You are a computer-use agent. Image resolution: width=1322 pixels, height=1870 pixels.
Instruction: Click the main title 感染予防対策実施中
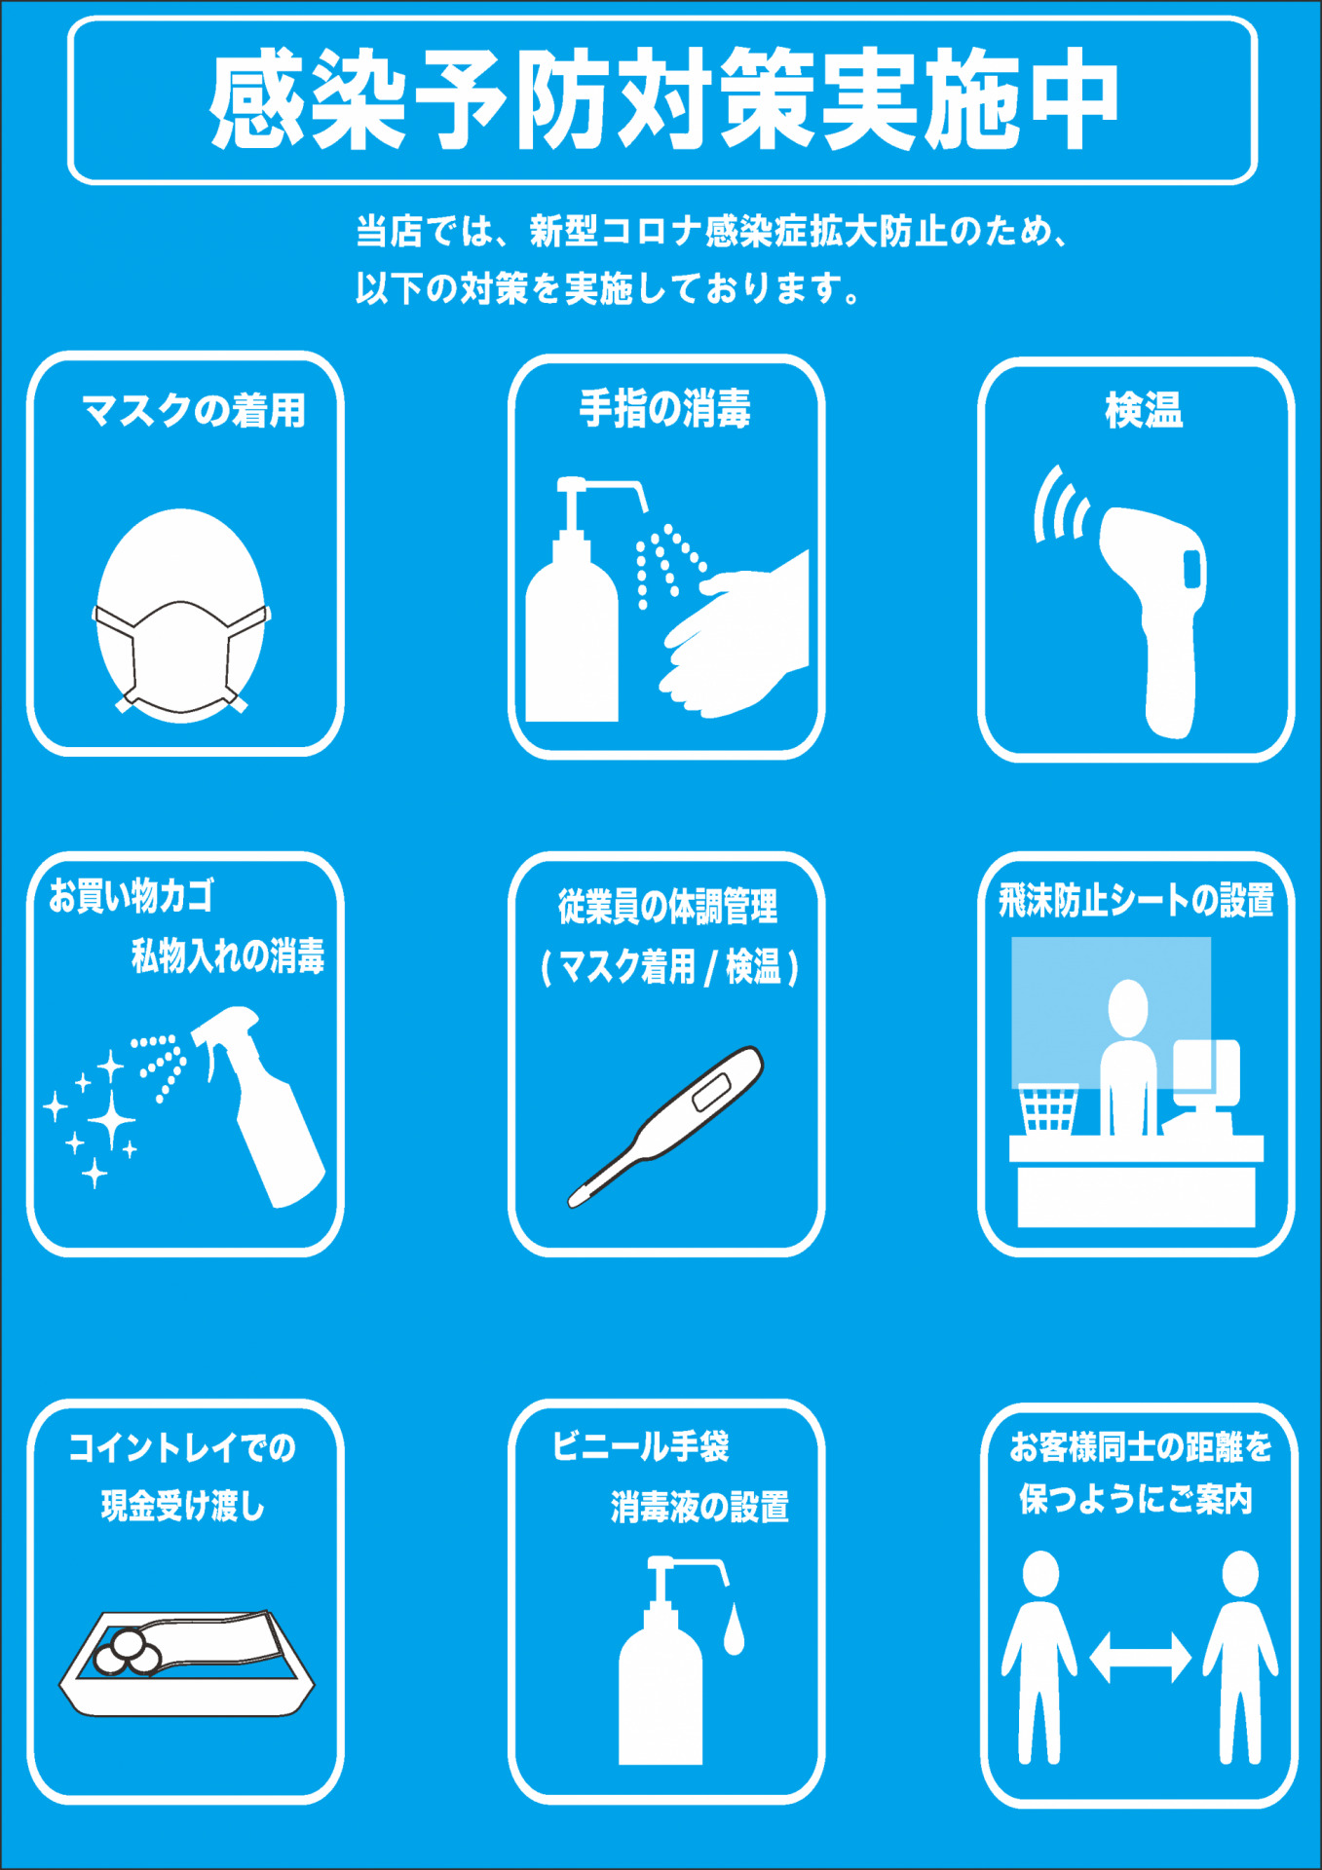[x=662, y=100]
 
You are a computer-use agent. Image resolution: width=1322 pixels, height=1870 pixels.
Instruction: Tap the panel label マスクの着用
[x=194, y=410]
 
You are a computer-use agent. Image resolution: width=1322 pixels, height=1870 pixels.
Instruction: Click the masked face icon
[x=181, y=616]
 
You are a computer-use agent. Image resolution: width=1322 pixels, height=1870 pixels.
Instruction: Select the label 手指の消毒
[x=665, y=409]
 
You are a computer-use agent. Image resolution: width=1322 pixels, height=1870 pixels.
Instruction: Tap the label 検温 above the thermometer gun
[x=1144, y=410]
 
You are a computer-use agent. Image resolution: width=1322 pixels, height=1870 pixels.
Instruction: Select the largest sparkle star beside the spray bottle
[x=112, y=1121]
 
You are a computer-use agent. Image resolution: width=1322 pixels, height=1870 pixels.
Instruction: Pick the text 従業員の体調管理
[x=667, y=907]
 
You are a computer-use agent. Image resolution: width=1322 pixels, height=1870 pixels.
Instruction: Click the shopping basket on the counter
[x=1048, y=1109]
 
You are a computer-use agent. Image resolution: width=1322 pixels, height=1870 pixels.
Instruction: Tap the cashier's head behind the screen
[x=1128, y=1008]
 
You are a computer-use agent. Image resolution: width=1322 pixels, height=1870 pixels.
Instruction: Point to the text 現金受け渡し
[x=183, y=1507]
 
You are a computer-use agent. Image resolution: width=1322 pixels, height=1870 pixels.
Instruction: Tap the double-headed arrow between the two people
[x=1140, y=1657]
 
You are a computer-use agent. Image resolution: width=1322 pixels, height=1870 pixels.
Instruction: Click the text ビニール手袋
[x=640, y=1446]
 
